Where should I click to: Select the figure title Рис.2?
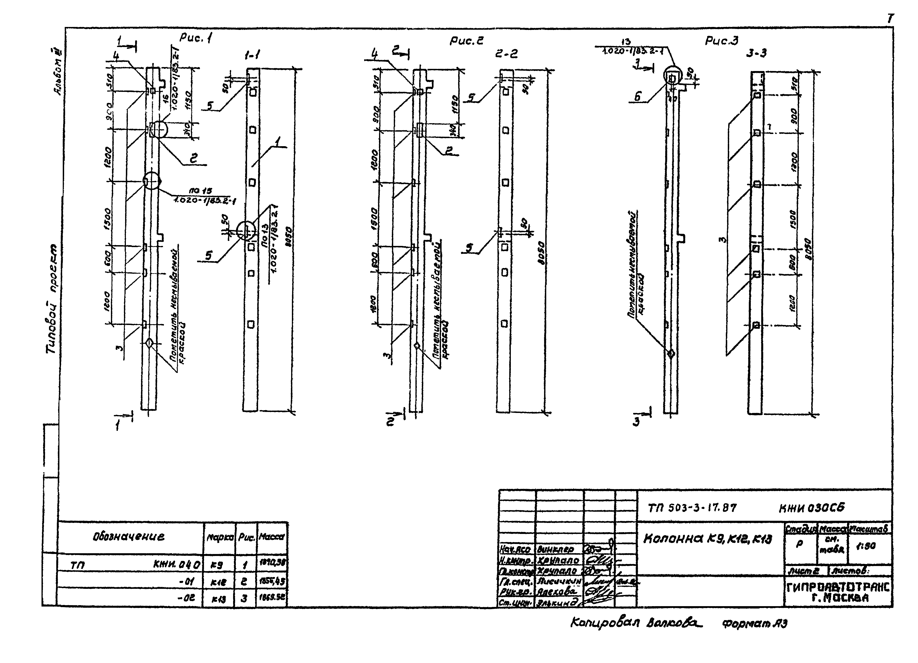pos(466,41)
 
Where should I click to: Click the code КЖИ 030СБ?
pos(812,508)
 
